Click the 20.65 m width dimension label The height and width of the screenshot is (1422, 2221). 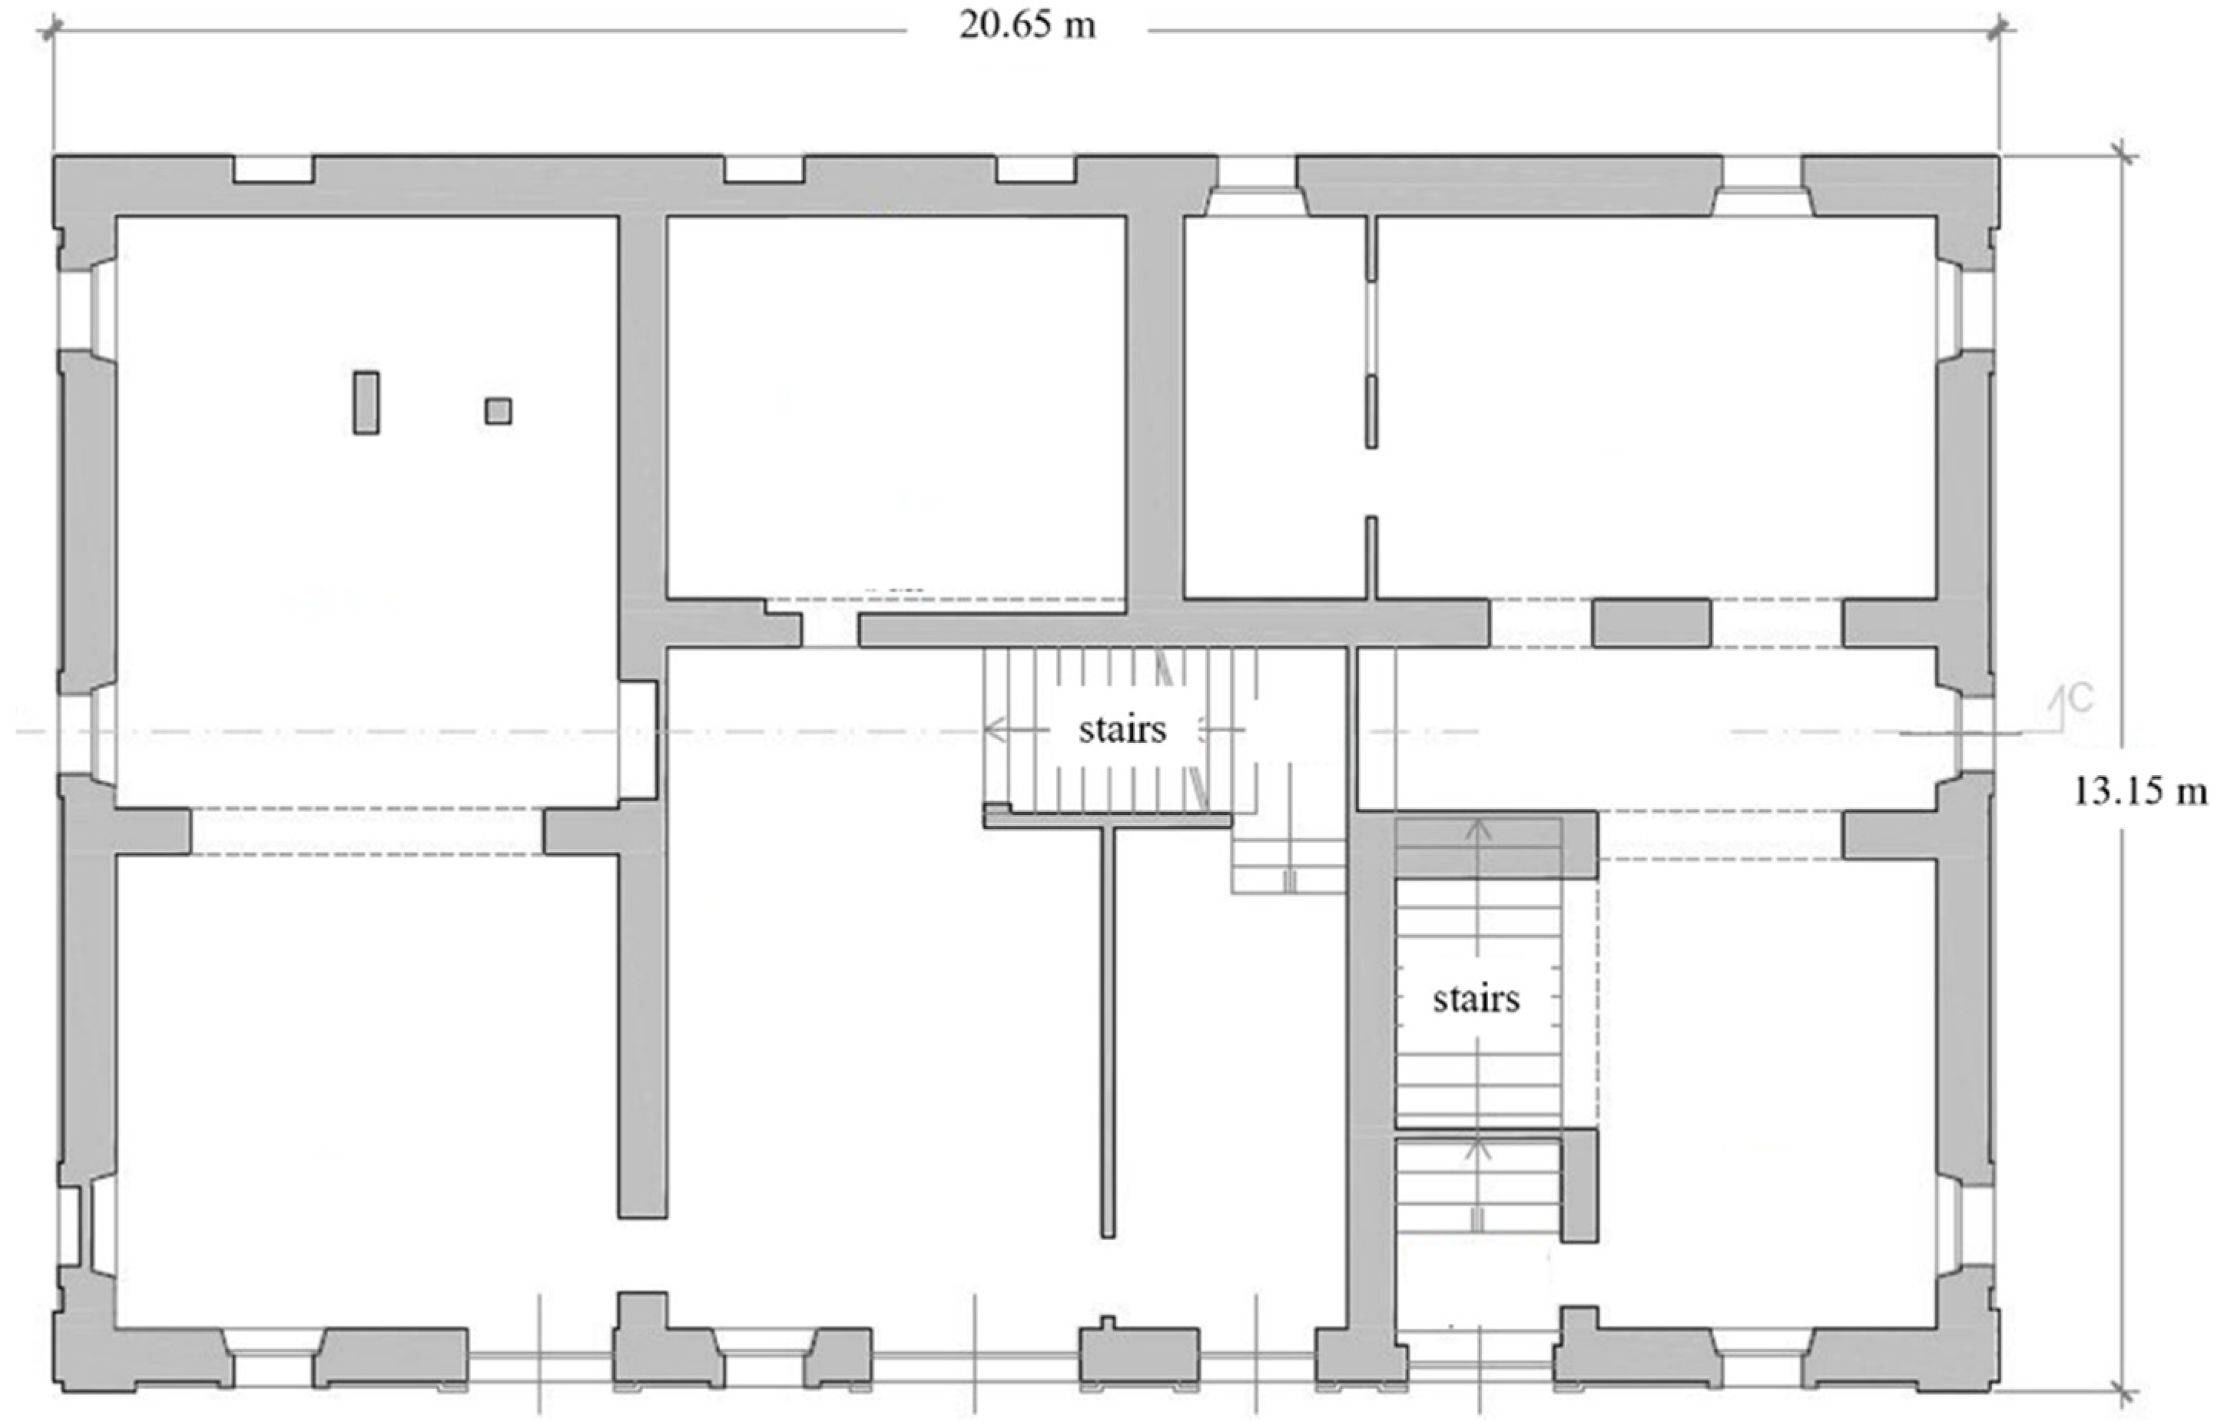pyautogui.click(x=1027, y=25)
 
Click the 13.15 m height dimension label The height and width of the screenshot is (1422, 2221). pyautogui.click(x=2140, y=791)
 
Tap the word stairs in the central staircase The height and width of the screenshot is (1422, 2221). pyautogui.click(x=1122, y=730)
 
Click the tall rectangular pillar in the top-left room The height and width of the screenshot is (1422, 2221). pyautogui.click(x=366, y=403)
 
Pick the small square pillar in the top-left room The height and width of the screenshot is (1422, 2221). pyautogui.click(x=499, y=411)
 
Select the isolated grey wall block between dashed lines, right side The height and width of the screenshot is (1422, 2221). pyautogui.click(x=1652, y=623)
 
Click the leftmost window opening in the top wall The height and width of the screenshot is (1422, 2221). pyautogui.click(x=273, y=169)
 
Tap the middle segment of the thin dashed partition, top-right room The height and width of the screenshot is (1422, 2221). pyautogui.click(x=1372, y=412)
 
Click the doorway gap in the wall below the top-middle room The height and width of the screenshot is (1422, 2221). pyautogui.click(x=830, y=630)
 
